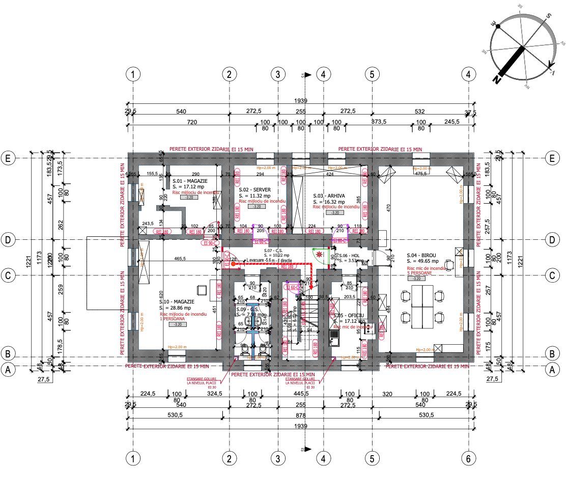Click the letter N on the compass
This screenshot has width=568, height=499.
pos(496,79)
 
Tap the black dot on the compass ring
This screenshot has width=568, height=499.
pos(498,26)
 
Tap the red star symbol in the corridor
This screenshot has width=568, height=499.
pos(319,254)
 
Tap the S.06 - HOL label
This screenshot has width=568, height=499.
pos(350,256)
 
